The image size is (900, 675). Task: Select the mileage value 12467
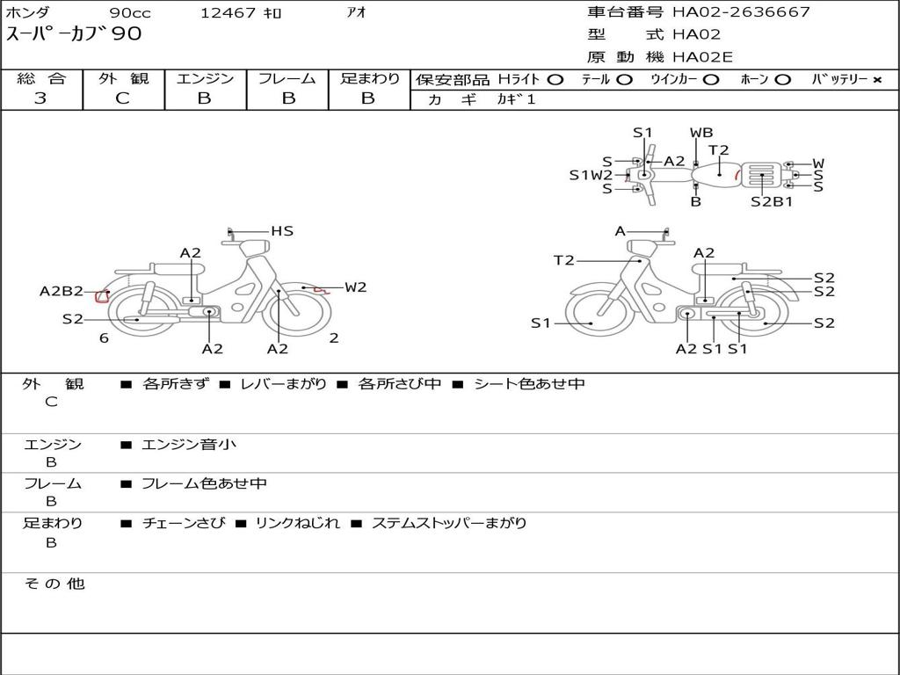[x=228, y=12]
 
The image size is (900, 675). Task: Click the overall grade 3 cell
[x=40, y=98]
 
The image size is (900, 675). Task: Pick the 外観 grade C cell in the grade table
[x=123, y=98]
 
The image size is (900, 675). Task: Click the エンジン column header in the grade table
[x=205, y=78]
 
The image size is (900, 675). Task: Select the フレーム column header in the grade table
[x=287, y=78]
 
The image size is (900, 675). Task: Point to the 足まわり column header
[x=369, y=78]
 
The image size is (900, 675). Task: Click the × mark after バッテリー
[x=876, y=79]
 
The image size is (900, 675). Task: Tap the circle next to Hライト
[x=555, y=79]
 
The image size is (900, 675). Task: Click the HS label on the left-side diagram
[x=281, y=231]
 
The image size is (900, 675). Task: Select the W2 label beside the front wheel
[x=355, y=287]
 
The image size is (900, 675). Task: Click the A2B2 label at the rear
[x=62, y=292]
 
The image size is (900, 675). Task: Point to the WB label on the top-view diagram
[x=701, y=133]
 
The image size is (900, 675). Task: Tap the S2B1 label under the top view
[x=772, y=201]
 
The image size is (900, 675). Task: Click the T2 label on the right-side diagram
[x=563, y=260]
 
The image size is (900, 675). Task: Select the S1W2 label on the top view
[x=591, y=175]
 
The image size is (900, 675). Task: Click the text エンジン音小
[x=189, y=445]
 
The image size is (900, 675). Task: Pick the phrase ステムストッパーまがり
[x=449, y=523]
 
